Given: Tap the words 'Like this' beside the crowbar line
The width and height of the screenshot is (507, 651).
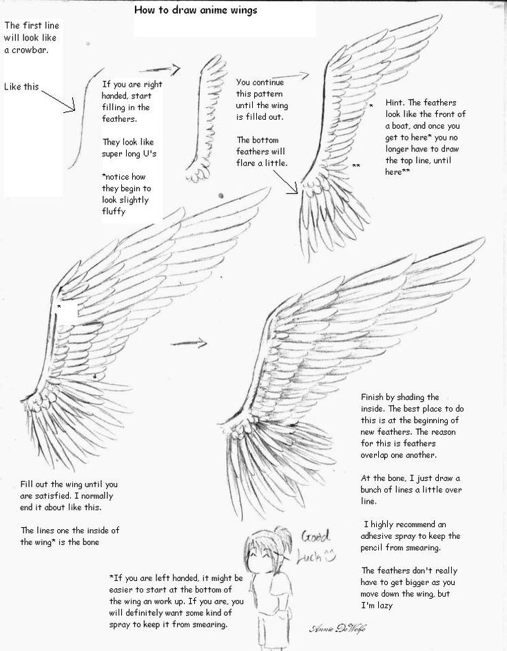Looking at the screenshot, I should pos(21,87).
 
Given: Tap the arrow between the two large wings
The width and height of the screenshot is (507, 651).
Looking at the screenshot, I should pos(189,341).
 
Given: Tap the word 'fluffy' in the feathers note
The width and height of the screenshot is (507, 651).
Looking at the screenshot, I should pos(116,213).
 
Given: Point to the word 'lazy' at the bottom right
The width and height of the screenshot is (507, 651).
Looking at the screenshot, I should pos(389,606).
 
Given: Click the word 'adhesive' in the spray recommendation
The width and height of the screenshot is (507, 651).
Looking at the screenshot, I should pos(380,535).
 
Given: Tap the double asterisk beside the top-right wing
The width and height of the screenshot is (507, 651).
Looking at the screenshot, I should pos(356,167).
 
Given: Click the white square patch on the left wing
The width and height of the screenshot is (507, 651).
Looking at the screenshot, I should pos(68,312).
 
